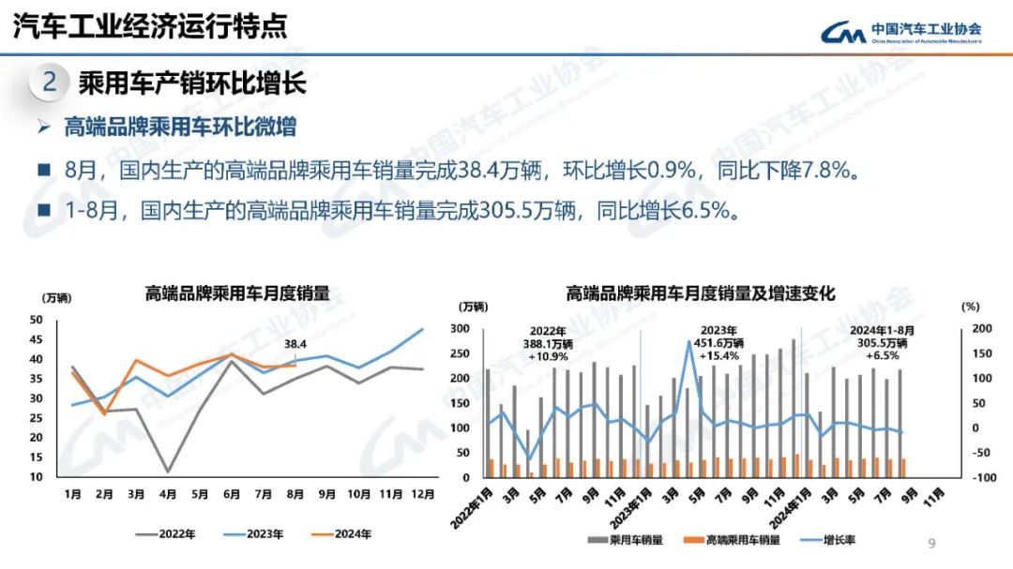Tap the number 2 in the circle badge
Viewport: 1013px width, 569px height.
pyautogui.click(x=50, y=82)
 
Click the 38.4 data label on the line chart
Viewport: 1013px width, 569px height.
pyautogui.click(x=295, y=343)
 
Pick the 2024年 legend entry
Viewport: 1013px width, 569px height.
pyautogui.click(x=340, y=533)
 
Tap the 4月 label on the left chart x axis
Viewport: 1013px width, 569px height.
pyautogui.click(x=168, y=494)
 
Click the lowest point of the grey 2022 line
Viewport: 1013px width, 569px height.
pyautogui.click(x=168, y=472)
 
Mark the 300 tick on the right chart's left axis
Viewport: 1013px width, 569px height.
pyautogui.click(x=460, y=329)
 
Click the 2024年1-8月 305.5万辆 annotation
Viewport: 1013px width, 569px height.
pyautogui.click(x=882, y=343)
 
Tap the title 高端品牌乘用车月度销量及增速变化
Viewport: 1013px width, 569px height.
pyautogui.click(x=700, y=293)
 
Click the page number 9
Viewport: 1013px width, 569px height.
pyautogui.click(x=931, y=543)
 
